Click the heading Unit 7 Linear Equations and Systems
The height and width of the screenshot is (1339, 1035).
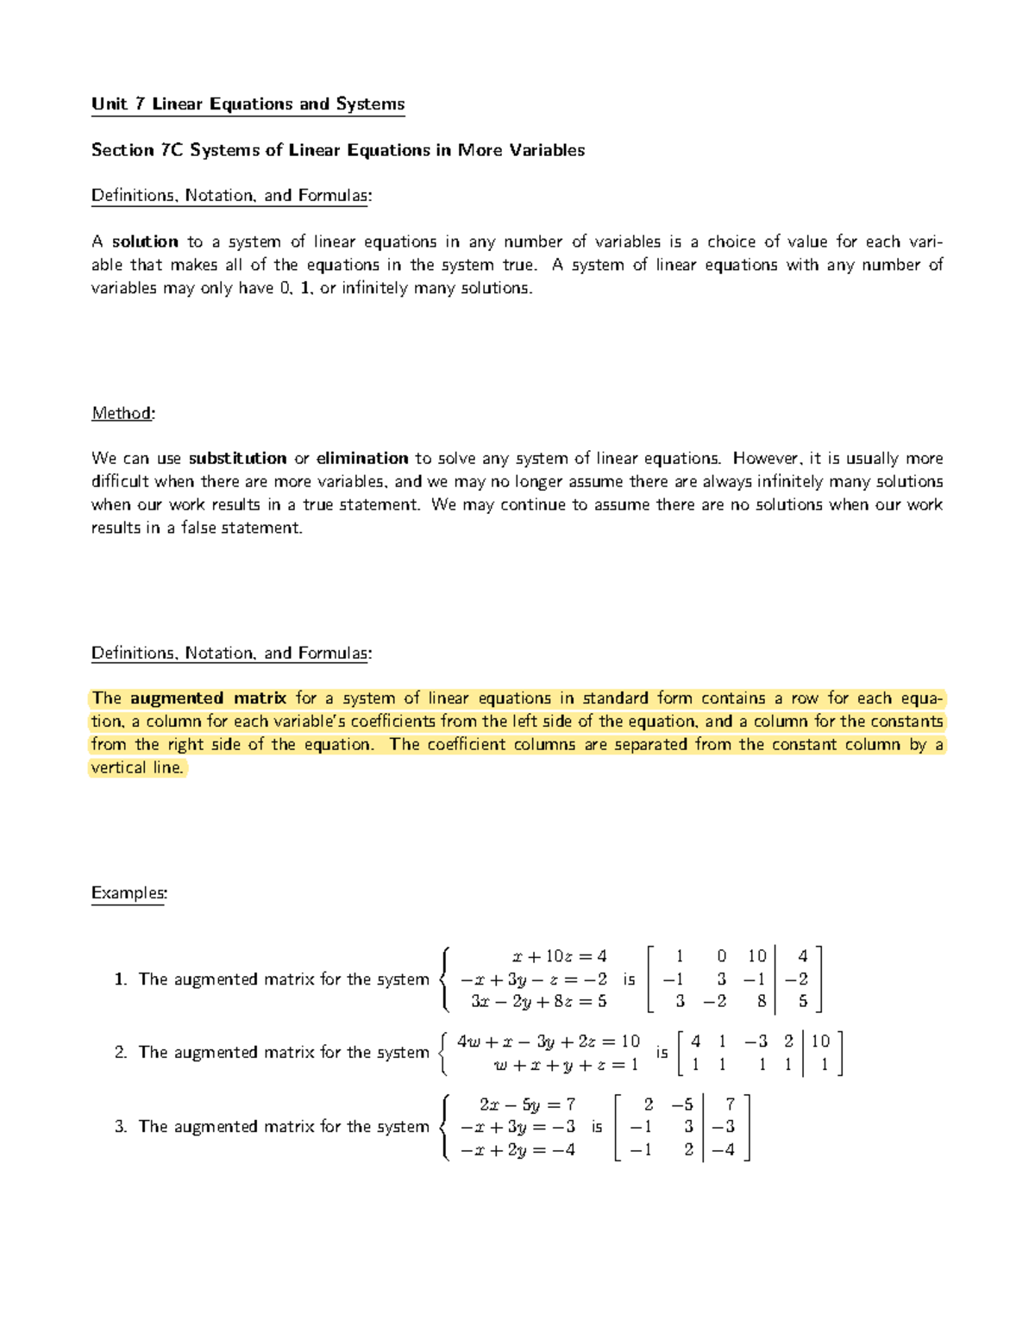point(248,104)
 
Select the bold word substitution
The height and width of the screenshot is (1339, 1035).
point(237,459)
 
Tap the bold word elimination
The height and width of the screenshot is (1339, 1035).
point(362,459)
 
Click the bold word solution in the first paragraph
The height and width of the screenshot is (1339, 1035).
point(145,242)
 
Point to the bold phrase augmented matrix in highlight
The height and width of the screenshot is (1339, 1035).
point(208,698)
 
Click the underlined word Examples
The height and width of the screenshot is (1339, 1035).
point(129,893)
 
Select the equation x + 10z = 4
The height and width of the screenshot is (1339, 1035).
point(559,956)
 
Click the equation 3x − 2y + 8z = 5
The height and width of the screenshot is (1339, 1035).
point(538,1002)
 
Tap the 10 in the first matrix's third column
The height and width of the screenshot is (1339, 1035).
point(756,956)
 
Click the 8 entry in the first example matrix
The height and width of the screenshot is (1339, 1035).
point(761,1002)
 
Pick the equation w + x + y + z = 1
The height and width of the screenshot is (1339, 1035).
point(565,1066)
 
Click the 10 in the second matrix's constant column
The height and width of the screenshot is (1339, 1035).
point(820,1042)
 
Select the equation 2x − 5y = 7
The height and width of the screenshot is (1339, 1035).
point(527,1104)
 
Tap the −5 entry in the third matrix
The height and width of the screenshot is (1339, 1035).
point(682,1104)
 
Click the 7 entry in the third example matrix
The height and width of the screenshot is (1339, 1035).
point(730,1104)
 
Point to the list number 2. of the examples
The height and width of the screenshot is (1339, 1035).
point(121,1053)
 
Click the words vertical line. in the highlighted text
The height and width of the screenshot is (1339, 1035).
point(137,768)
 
